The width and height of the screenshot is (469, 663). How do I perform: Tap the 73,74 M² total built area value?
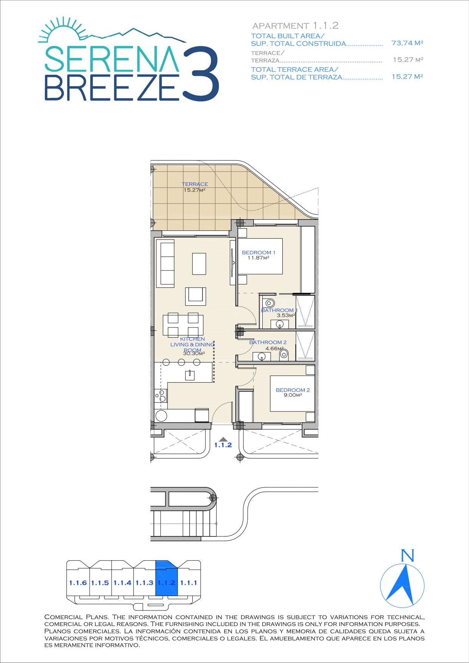[407, 43]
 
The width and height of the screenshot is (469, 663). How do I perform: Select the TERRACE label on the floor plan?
[195, 184]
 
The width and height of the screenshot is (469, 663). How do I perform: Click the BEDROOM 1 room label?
[258, 252]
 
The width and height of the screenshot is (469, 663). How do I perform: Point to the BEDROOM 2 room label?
[293, 390]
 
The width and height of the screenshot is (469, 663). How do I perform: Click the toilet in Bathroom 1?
[269, 303]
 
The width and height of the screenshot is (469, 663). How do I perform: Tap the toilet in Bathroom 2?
[284, 355]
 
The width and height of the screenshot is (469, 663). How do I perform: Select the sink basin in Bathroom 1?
[280, 324]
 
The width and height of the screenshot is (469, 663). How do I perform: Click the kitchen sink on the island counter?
[190, 375]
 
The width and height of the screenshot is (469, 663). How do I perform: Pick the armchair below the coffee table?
[195, 296]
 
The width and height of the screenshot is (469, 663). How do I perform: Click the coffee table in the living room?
[199, 264]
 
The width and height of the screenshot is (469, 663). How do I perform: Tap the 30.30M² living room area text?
[194, 354]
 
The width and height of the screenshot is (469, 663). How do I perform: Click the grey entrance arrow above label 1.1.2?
[223, 439]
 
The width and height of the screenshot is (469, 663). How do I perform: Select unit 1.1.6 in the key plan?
[78, 583]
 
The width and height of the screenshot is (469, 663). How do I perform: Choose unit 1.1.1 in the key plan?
[189, 583]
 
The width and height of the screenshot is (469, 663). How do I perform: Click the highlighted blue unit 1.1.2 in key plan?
[167, 578]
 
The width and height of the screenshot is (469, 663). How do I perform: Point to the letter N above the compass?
[407, 556]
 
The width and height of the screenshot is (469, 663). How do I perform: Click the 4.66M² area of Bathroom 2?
[274, 349]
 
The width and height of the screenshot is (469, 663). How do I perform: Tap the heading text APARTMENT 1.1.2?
[296, 26]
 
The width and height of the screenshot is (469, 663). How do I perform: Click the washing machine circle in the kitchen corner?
[161, 416]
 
